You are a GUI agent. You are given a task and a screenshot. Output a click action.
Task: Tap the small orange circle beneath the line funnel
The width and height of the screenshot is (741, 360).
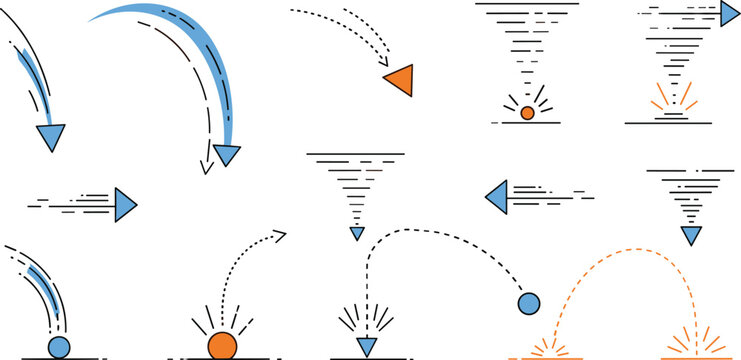pos(527,113)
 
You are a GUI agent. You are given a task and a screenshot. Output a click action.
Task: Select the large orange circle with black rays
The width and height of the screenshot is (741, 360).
pos(221,345)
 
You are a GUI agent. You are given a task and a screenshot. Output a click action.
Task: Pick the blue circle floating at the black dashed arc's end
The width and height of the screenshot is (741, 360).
pos(528,303)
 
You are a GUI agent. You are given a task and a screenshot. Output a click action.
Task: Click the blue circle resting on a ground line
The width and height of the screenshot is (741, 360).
pos(59,347)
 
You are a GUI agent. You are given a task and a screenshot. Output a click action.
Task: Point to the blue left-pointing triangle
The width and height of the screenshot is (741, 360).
pos(497,196)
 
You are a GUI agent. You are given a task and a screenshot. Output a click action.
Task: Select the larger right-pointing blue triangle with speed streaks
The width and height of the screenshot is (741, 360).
pos(125,204)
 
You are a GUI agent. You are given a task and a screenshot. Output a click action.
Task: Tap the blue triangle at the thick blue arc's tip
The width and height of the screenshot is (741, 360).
pos(228,155)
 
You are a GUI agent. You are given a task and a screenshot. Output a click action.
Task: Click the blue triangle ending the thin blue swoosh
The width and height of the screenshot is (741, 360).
pos(51,138)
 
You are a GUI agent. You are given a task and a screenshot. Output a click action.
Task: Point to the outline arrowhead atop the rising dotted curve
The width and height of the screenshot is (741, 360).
pos(279,236)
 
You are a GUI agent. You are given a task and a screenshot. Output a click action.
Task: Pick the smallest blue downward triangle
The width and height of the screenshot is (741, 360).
pos(357,234)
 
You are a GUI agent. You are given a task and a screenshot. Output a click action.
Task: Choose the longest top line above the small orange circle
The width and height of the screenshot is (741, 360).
pos(527,4)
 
